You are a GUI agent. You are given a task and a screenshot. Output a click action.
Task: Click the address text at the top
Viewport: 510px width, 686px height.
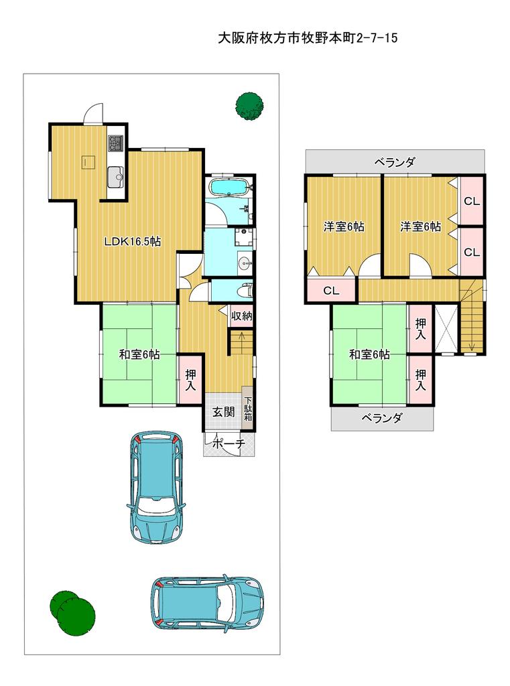308,38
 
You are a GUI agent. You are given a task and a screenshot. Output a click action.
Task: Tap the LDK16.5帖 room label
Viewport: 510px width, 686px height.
132,241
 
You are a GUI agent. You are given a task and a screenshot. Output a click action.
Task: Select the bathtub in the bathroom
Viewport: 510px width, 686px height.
231,187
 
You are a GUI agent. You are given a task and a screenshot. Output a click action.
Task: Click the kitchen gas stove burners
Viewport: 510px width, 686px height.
115,143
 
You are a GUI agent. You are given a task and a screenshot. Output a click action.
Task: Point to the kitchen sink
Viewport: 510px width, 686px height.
115,176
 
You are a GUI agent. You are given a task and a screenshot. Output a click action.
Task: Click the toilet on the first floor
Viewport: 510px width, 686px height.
244,291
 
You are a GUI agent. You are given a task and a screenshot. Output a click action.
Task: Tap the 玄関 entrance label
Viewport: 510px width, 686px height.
223,412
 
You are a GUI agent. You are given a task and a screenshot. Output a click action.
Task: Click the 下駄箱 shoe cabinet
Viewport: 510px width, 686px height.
248,409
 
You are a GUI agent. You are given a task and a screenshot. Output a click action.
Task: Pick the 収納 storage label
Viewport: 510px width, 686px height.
242,316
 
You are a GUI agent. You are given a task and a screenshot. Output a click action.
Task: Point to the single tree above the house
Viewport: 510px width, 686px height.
250,106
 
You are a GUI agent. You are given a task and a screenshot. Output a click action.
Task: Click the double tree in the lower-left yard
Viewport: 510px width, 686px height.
72,611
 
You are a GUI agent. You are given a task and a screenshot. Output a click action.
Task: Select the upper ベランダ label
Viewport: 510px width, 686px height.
395,162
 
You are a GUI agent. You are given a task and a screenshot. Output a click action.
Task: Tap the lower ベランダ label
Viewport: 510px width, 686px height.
382,418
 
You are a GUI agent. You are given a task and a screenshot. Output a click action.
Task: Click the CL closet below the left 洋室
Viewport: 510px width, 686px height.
331,290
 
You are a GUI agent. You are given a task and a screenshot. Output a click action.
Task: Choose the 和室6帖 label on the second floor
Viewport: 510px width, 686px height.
369,354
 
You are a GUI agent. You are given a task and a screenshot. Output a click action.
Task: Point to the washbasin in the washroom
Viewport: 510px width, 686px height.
245,263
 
